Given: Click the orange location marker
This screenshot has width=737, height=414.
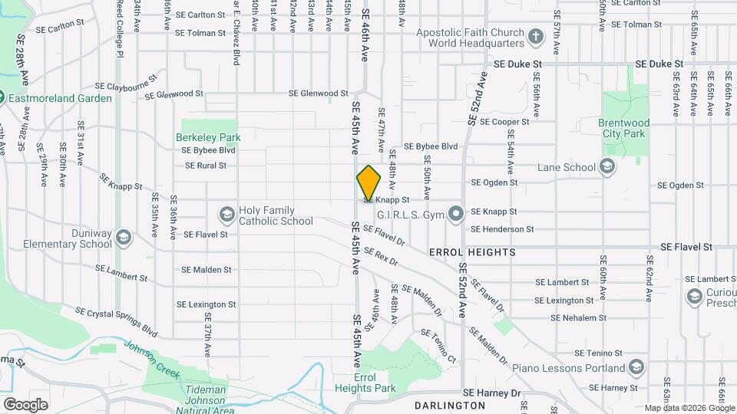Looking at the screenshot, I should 368,183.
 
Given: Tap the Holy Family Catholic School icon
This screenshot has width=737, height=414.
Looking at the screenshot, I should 226,214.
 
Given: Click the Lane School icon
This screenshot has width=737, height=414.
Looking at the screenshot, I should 607,167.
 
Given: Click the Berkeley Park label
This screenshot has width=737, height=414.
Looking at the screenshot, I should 209,138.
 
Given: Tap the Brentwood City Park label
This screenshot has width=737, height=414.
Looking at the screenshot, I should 624,128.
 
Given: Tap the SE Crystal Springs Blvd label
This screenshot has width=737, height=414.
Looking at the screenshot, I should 115,322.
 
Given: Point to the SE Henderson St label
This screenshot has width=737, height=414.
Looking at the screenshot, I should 502,229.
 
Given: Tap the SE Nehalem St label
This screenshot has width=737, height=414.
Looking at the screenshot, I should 578,317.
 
